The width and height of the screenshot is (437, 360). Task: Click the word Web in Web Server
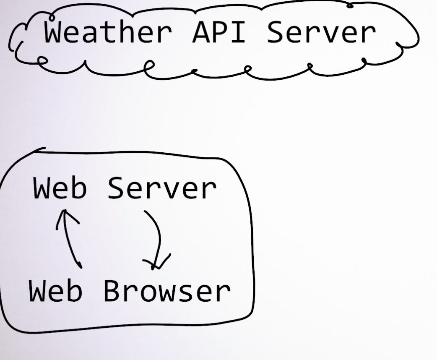[x=60, y=188]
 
